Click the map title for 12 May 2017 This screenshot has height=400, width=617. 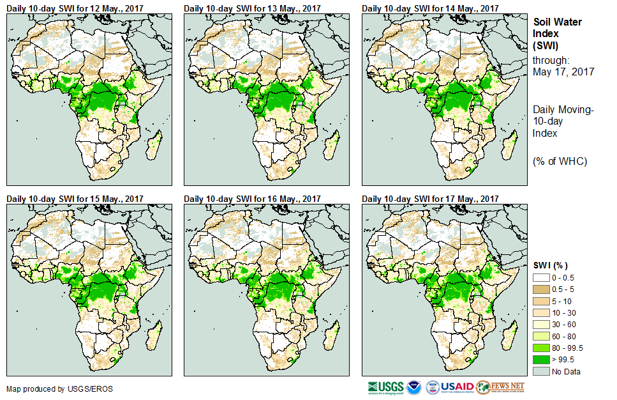[x=75, y=8]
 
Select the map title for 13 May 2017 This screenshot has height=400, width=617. [x=253, y=8]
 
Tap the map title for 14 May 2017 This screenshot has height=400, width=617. [x=431, y=8]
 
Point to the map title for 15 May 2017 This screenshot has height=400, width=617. [x=75, y=199]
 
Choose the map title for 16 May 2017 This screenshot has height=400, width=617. [x=253, y=199]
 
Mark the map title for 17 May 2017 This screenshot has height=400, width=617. [x=431, y=199]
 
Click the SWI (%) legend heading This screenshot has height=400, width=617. [x=550, y=266]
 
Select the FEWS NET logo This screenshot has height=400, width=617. [x=500, y=387]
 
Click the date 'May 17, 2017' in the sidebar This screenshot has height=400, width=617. [x=563, y=72]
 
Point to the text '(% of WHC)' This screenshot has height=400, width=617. [x=560, y=161]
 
